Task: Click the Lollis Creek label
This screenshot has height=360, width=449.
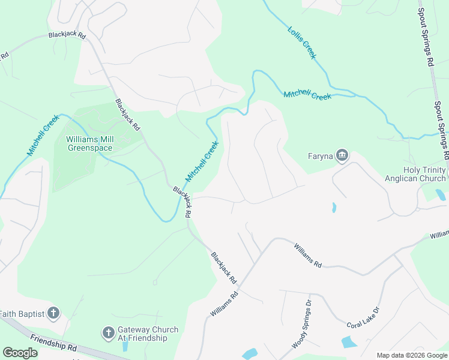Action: point(302,42)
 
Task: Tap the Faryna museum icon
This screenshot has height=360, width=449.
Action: point(342,156)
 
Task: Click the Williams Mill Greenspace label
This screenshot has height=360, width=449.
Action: point(91,143)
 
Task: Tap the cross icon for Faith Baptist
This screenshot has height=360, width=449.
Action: point(53,313)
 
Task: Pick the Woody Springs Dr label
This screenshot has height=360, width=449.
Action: point(302,325)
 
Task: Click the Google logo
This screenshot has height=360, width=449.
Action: point(20,353)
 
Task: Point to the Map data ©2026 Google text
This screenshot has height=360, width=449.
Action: point(411,355)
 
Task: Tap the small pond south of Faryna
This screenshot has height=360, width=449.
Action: point(333,208)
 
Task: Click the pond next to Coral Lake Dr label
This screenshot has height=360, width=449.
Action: point(349,343)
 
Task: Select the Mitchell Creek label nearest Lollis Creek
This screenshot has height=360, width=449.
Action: point(307,95)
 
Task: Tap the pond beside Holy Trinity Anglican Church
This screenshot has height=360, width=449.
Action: point(441,194)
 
